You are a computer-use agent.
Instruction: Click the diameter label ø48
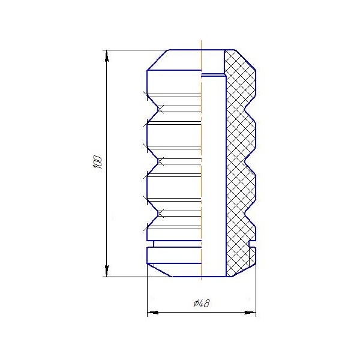point(201,304)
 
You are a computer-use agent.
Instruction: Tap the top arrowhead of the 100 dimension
point(107,56)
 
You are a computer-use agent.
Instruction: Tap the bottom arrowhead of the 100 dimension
point(107,271)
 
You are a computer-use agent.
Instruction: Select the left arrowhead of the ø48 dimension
point(153,313)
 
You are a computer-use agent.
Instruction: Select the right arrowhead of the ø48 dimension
point(250,313)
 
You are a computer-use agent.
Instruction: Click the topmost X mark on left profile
point(160,109)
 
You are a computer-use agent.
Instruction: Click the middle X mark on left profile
point(160,161)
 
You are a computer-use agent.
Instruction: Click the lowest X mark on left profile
point(160,214)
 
